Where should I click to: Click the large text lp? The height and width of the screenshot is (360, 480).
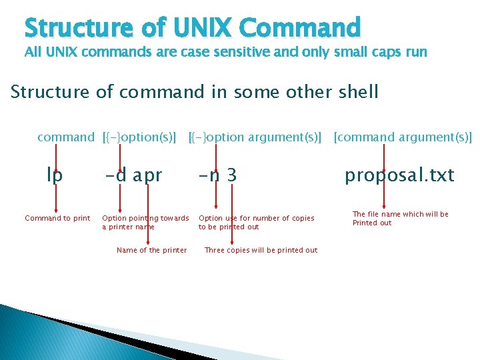(55, 175)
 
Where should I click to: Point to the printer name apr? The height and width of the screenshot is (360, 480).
(147, 175)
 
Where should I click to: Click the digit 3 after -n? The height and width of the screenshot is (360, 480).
(231, 175)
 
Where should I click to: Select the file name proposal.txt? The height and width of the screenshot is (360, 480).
(399, 175)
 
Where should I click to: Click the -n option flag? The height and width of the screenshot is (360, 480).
(210, 175)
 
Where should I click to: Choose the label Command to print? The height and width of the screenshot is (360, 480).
(57, 218)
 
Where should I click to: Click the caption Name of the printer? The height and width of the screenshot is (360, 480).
(151, 250)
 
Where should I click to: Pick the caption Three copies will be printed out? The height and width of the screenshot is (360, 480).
(261, 250)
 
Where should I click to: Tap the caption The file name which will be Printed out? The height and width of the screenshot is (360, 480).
(400, 218)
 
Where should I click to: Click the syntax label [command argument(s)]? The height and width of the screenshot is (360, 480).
(403, 137)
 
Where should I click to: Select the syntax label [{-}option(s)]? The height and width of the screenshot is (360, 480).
(140, 137)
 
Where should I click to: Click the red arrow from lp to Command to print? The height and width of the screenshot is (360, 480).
(55, 197)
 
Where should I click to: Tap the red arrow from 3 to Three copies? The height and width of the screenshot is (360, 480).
(231, 213)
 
